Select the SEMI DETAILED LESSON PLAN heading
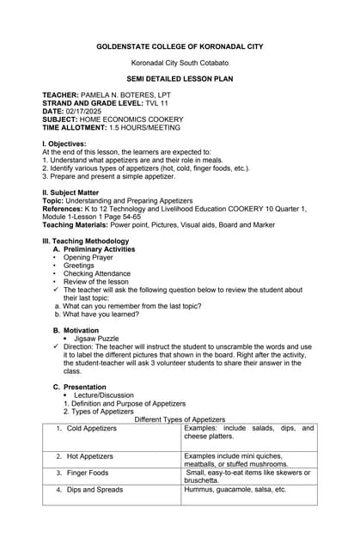[x=180, y=77]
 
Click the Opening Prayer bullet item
[x=88, y=257]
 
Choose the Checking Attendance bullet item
[x=97, y=273]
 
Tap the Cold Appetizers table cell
[x=92, y=428]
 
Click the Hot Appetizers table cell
[x=90, y=456]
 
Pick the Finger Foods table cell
[x=88, y=473]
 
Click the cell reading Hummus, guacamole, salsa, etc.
[x=235, y=489]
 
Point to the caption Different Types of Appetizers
[x=180, y=419]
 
